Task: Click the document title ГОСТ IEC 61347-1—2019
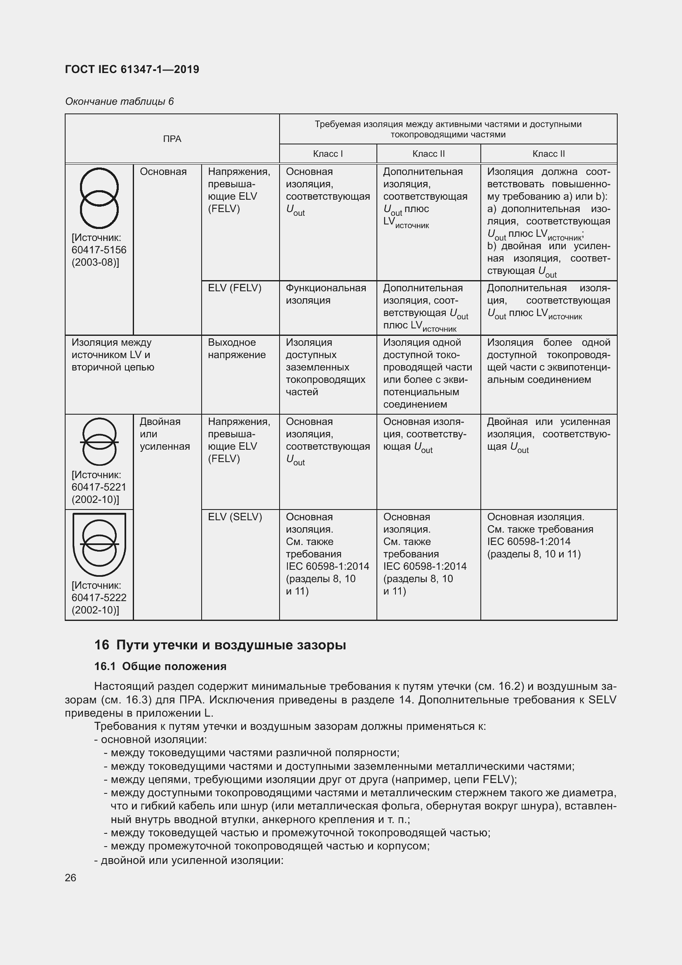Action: (x=132, y=69)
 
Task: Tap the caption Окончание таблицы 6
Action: (x=119, y=101)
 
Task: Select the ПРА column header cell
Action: (x=172, y=139)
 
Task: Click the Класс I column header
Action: (x=327, y=154)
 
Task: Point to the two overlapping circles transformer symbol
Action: (x=99, y=198)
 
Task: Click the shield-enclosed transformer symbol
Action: (x=99, y=544)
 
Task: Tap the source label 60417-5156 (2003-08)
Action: (x=99, y=250)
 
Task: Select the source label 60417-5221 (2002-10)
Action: (x=99, y=487)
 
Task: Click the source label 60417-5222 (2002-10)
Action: (x=99, y=598)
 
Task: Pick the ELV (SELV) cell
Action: (x=235, y=517)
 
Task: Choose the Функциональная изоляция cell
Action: (x=326, y=294)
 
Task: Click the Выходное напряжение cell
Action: (x=237, y=349)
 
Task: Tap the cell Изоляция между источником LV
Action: (x=113, y=355)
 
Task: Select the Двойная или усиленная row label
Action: (x=165, y=434)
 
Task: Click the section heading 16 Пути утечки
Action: (x=220, y=645)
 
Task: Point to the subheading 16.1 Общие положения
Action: (x=160, y=667)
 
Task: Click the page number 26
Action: (x=71, y=878)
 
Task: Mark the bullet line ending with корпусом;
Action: (x=267, y=846)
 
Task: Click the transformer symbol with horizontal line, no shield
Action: (x=99, y=442)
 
